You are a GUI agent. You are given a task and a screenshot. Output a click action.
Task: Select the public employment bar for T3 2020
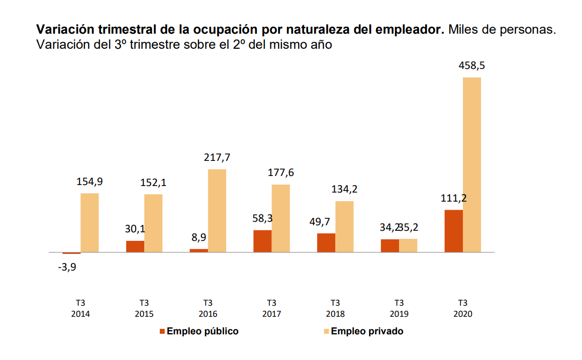click(x=454, y=231)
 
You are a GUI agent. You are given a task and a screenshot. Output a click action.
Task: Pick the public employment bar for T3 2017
click(x=262, y=241)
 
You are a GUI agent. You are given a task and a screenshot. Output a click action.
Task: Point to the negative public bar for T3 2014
click(x=71, y=253)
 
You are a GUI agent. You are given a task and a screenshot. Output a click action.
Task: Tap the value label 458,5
click(x=471, y=66)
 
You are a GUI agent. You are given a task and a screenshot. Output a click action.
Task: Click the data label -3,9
click(x=67, y=267)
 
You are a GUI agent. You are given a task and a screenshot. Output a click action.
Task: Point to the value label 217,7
click(x=217, y=157)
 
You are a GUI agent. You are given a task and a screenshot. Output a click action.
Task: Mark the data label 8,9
click(x=199, y=237)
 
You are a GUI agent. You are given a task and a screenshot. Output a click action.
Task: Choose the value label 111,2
click(x=453, y=198)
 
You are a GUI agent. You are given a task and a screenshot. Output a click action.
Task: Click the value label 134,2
click(x=344, y=190)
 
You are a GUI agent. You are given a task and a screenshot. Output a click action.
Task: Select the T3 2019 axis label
click(x=399, y=308)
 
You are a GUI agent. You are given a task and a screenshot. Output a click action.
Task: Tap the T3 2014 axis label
click(x=80, y=308)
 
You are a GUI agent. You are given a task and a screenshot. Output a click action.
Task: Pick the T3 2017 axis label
click(x=271, y=308)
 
